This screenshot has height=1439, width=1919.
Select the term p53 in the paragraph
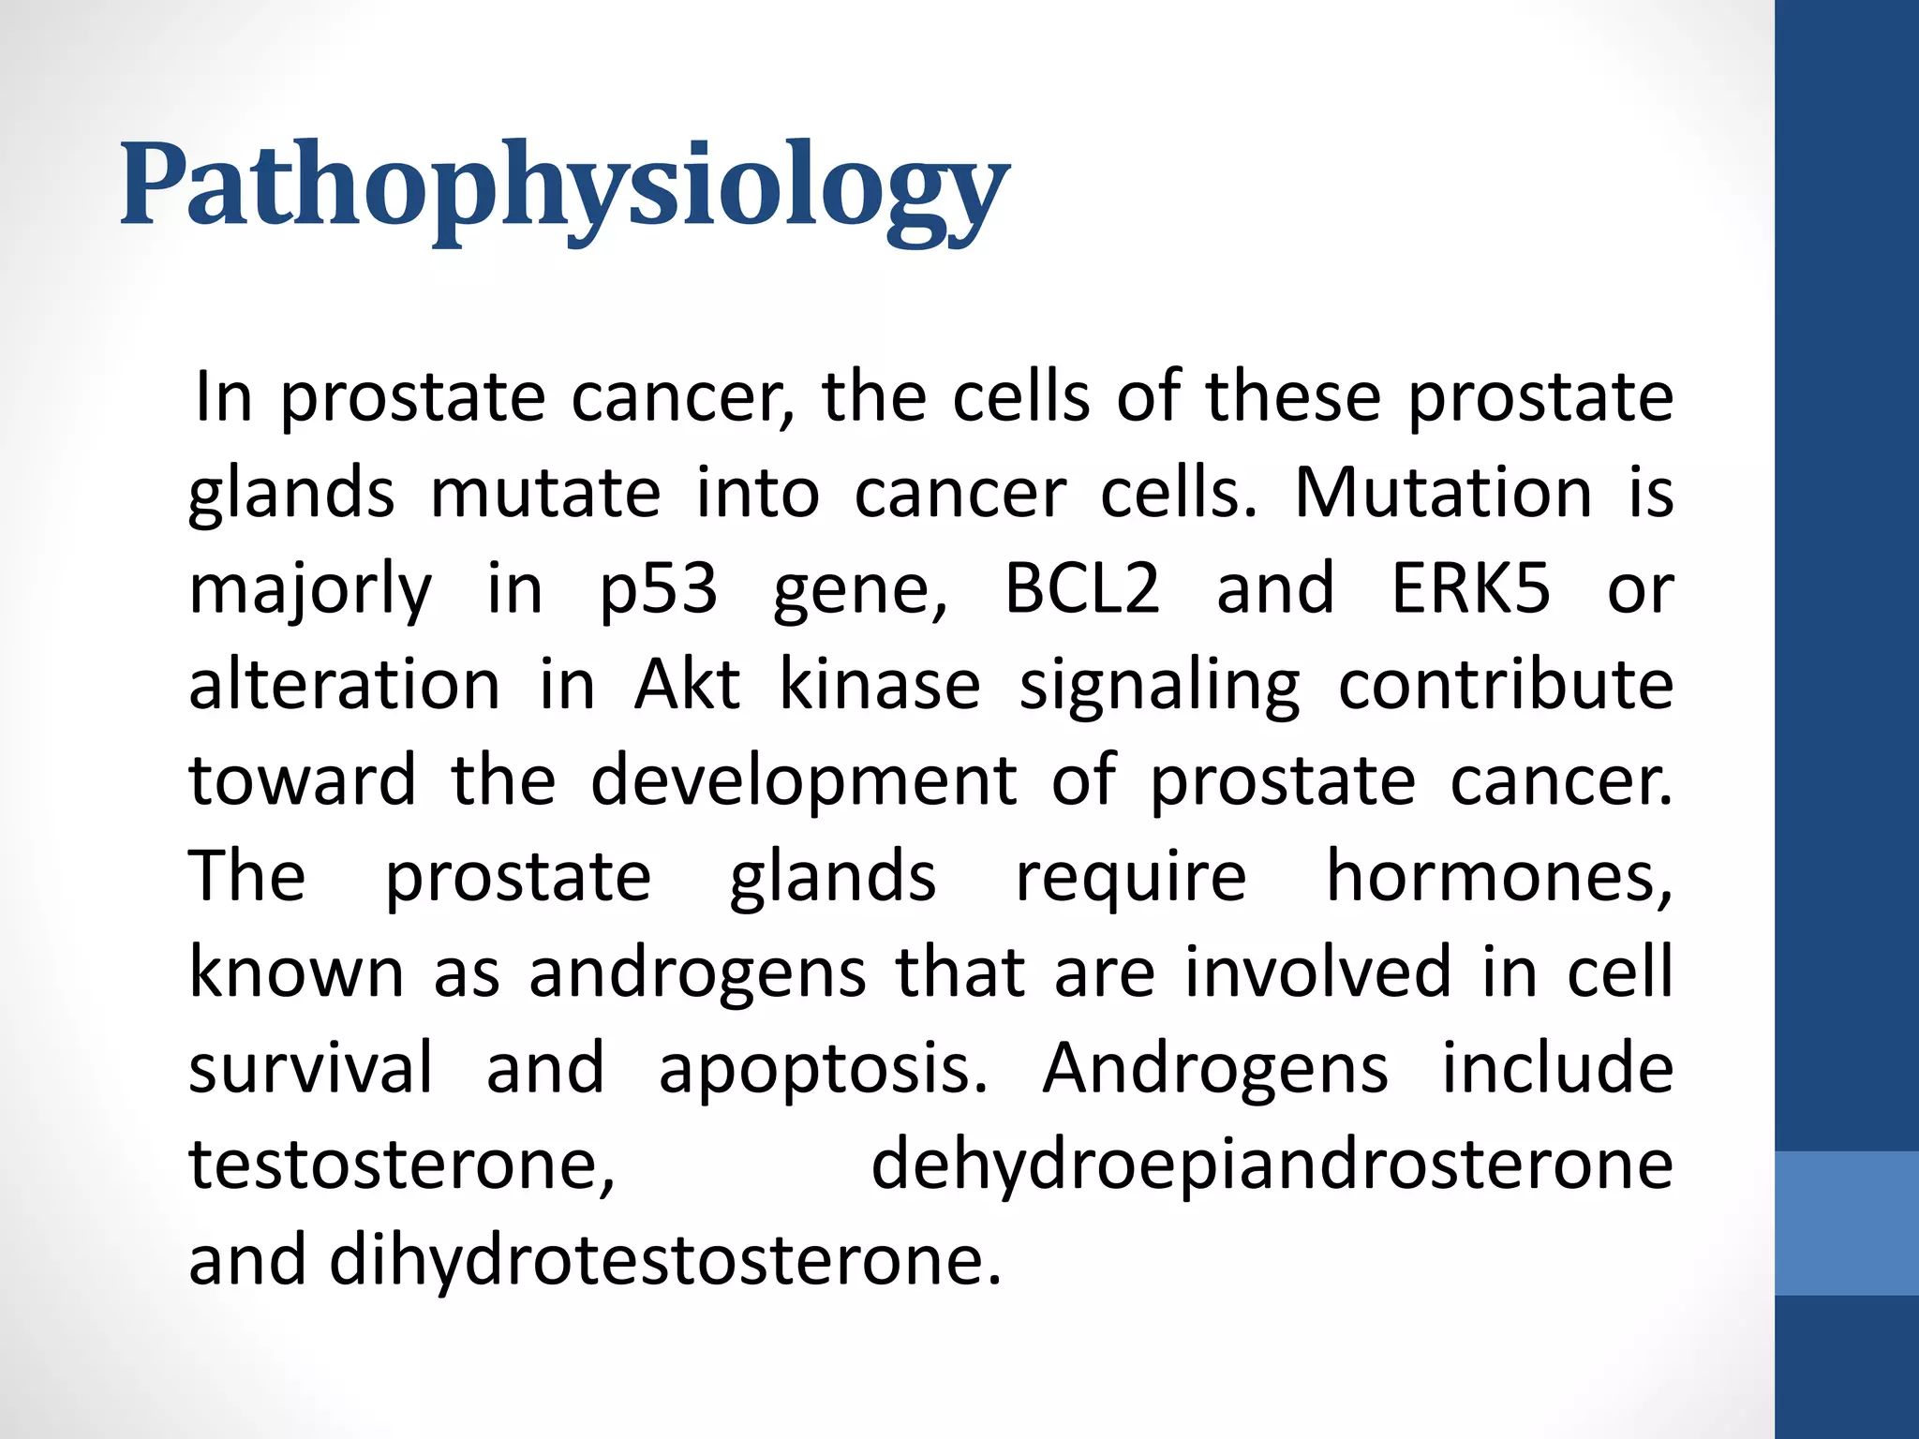click(x=659, y=589)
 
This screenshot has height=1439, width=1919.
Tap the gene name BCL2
click(x=1082, y=589)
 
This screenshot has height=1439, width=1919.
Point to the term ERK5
click(x=1469, y=589)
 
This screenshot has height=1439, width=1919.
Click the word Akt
click(x=687, y=685)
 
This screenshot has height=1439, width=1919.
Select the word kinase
click(x=880, y=685)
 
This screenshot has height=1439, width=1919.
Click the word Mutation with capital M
click(x=1443, y=493)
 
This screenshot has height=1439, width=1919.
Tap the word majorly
click(x=310, y=591)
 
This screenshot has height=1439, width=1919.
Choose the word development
click(x=803, y=782)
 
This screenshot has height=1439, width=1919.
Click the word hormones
click(x=1498, y=877)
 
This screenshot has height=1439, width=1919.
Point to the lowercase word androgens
click(x=697, y=974)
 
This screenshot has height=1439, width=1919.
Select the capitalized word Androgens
click(x=1214, y=1070)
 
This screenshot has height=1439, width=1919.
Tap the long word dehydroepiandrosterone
click(x=1272, y=1166)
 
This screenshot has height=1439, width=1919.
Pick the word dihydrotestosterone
click(x=665, y=1262)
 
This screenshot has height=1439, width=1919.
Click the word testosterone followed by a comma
click(x=402, y=1165)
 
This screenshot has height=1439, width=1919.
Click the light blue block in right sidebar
click(x=1846, y=1223)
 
